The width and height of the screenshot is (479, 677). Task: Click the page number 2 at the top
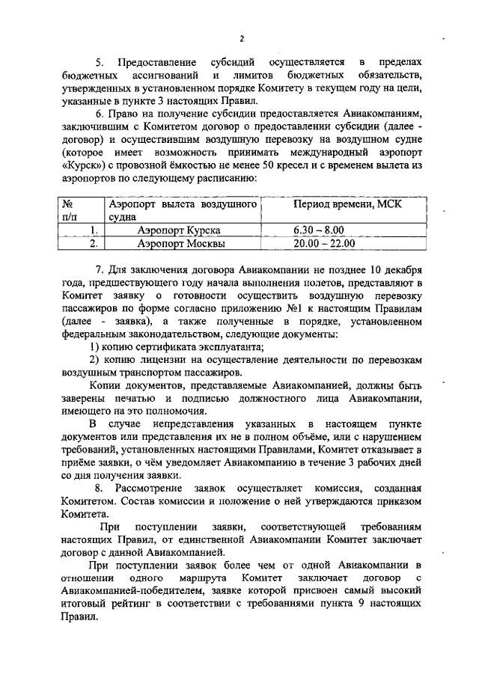coord(242,39)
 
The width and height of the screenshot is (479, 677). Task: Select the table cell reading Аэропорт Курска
coord(183,230)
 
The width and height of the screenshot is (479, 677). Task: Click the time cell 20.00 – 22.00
coord(324,243)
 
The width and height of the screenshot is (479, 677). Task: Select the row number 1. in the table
coord(93,230)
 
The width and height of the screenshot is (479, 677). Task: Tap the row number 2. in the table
coord(93,243)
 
